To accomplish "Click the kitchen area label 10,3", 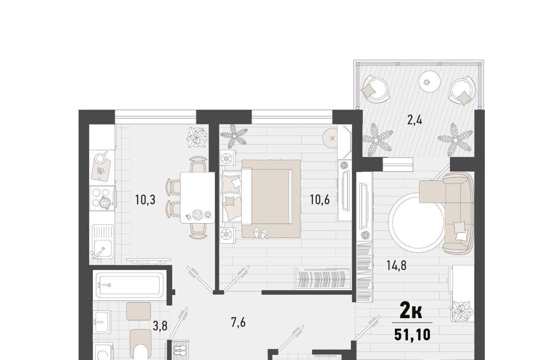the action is [x=145, y=200].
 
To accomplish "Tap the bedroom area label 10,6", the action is [x=320, y=200].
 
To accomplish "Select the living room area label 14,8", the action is [x=396, y=265].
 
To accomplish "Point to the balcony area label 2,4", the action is [x=415, y=120].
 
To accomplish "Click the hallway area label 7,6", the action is [x=238, y=323].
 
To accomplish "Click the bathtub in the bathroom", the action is [x=129, y=285].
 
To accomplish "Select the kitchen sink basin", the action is [x=103, y=249].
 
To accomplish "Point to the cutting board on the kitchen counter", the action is [x=101, y=170].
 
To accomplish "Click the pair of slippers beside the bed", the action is [x=260, y=234].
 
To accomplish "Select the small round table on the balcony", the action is [x=430, y=82].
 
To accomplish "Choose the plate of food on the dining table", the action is [x=198, y=214].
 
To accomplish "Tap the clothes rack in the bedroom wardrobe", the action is [x=323, y=279].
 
